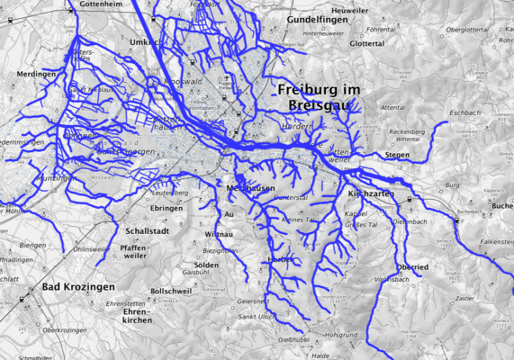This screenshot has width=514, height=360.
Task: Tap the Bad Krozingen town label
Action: [x=77, y=287]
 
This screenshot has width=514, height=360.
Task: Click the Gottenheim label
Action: [x=100, y=4]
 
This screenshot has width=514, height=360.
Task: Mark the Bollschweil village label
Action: [x=171, y=292]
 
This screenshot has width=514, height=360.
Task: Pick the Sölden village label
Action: [x=206, y=265]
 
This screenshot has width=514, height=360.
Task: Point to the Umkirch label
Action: [x=144, y=42]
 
